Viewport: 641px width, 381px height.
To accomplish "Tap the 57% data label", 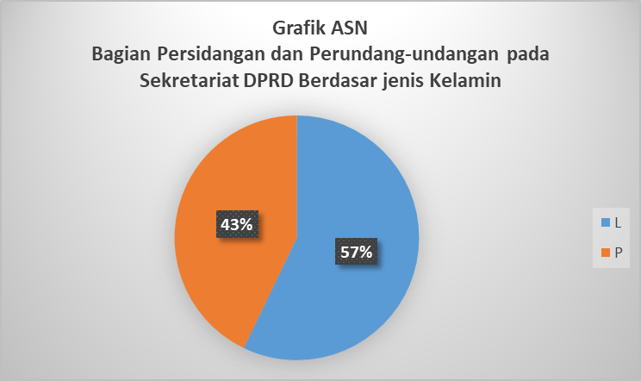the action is [x=356, y=252].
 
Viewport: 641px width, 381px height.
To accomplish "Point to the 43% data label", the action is [x=237, y=224].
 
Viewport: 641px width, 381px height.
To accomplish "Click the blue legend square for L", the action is [x=606, y=222].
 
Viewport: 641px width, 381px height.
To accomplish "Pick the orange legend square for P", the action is [x=606, y=253].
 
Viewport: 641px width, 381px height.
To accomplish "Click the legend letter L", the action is [x=618, y=222].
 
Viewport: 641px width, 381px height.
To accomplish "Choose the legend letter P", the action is [x=618, y=253].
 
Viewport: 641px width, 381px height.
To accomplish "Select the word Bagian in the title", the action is [x=121, y=54].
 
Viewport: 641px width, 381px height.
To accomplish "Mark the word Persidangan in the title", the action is [x=211, y=54].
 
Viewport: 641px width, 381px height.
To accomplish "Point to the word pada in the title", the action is [x=528, y=54].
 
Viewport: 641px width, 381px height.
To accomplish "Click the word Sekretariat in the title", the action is [x=190, y=80].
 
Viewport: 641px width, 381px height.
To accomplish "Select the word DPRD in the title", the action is [x=269, y=80].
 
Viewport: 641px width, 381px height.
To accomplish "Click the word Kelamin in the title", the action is [x=465, y=80].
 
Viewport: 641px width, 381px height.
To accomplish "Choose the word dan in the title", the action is [x=287, y=54].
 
